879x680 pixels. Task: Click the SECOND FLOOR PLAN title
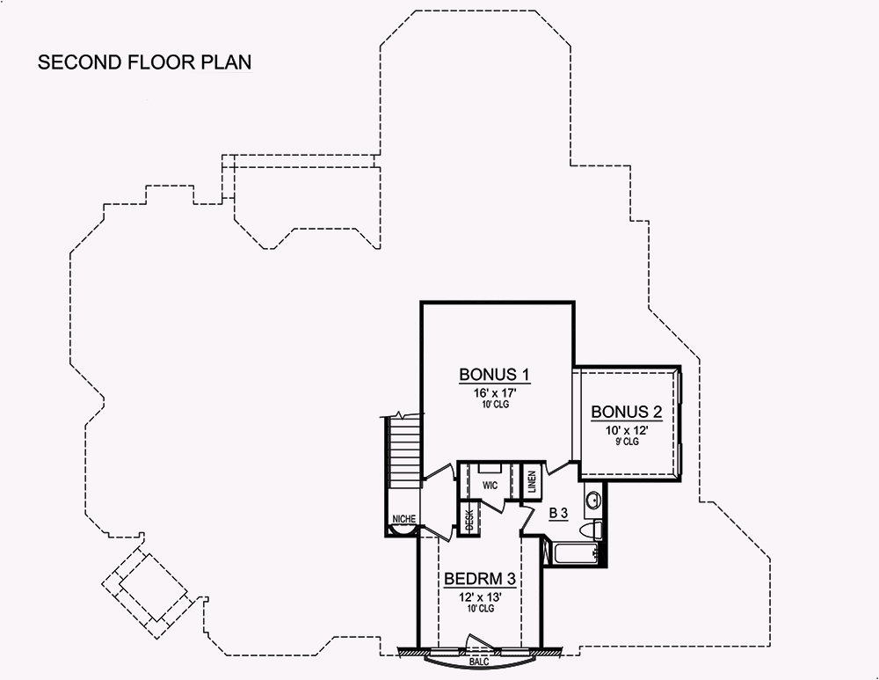coord(144,63)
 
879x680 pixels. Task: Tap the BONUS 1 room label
coord(497,375)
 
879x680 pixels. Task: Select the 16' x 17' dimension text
coord(497,392)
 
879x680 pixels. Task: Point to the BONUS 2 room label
coord(626,412)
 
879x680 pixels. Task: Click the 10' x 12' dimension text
coord(626,429)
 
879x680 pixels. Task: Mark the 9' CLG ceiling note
coord(626,442)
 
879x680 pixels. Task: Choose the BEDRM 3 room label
coord(478,580)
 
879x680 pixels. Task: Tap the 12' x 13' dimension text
coord(478,596)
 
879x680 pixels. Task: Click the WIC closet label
coord(490,485)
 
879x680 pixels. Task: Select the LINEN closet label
coord(532,482)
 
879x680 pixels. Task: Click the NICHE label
coord(404,519)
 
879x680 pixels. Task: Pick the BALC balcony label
coord(479,660)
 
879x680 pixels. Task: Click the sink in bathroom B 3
coord(594,499)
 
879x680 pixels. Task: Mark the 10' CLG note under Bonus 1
coord(497,405)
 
